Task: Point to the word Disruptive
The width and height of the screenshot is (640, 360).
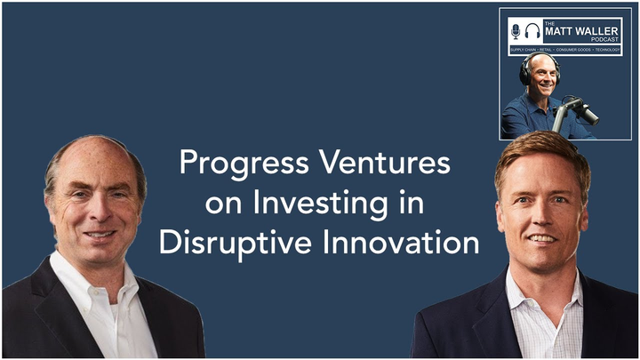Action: pyautogui.click(x=232, y=242)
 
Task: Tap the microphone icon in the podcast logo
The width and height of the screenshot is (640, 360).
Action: pyautogui.click(x=516, y=31)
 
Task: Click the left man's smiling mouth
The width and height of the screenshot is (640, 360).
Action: pyautogui.click(x=99, y=235)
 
